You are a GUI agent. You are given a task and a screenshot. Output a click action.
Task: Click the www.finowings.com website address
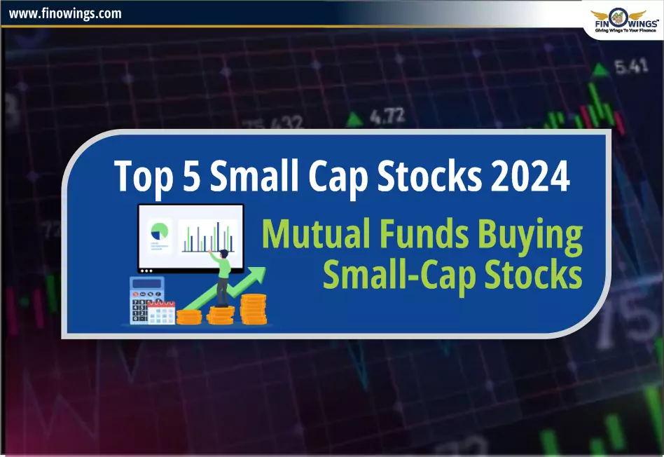(65, 13)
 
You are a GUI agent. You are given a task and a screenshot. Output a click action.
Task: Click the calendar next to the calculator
(163, 312)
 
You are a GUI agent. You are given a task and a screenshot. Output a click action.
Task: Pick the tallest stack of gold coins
(254, 309)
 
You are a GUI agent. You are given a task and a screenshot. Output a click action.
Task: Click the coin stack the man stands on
(221, 315)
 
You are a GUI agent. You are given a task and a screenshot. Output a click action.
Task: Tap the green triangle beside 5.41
(600, 69)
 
